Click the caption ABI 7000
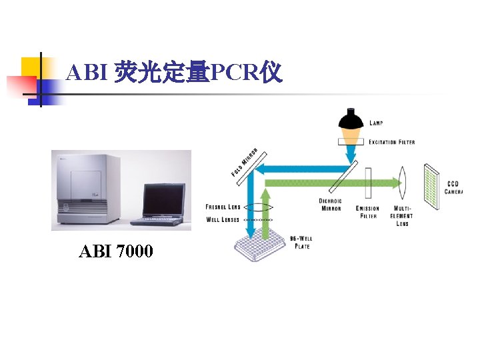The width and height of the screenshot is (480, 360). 115,251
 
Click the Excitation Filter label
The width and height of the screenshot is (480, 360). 392,142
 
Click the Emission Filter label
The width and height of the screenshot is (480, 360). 368,212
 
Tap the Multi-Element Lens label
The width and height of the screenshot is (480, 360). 402,216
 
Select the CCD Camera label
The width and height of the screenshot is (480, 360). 454,188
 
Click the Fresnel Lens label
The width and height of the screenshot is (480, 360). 223,207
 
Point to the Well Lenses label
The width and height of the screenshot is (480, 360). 223,219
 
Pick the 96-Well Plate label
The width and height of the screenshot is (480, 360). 301,243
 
